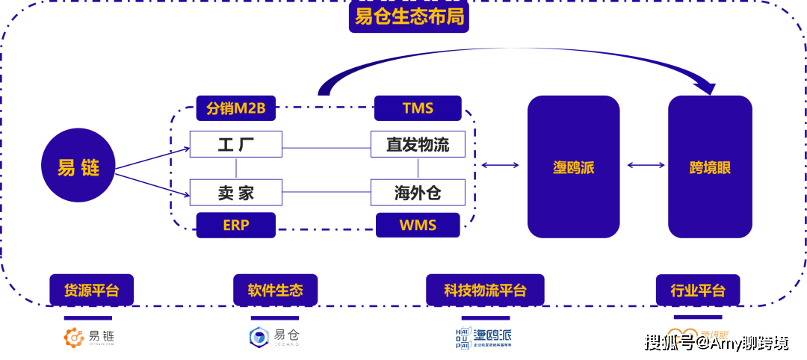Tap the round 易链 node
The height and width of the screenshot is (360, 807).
[x=78, y=168]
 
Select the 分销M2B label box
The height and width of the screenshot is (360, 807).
[x=235, y=108]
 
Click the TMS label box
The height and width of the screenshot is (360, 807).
[x=418, y=108]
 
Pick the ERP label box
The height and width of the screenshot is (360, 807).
[x=235, y=225]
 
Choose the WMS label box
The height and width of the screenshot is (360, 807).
[x=418, y=225]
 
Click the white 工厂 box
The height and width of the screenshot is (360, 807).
[x=236, y=144]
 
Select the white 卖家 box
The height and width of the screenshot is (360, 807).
[x=236, y=193]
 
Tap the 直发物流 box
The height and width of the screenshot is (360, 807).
[x=418, y=144]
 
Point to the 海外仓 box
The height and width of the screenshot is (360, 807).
[x=418, y=193]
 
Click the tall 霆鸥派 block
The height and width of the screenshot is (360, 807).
[x=573, y=167]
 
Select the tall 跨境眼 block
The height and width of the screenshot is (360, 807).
[x=710, y=167]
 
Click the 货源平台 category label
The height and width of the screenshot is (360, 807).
[x=91, y=290]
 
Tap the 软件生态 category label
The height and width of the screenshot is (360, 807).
[x=275, y=290]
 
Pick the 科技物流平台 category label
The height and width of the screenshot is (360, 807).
[x=485, y=290]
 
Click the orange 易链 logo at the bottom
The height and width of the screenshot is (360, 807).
[x=89, y=338]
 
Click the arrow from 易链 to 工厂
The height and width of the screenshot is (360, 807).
[x=153, y=158]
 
